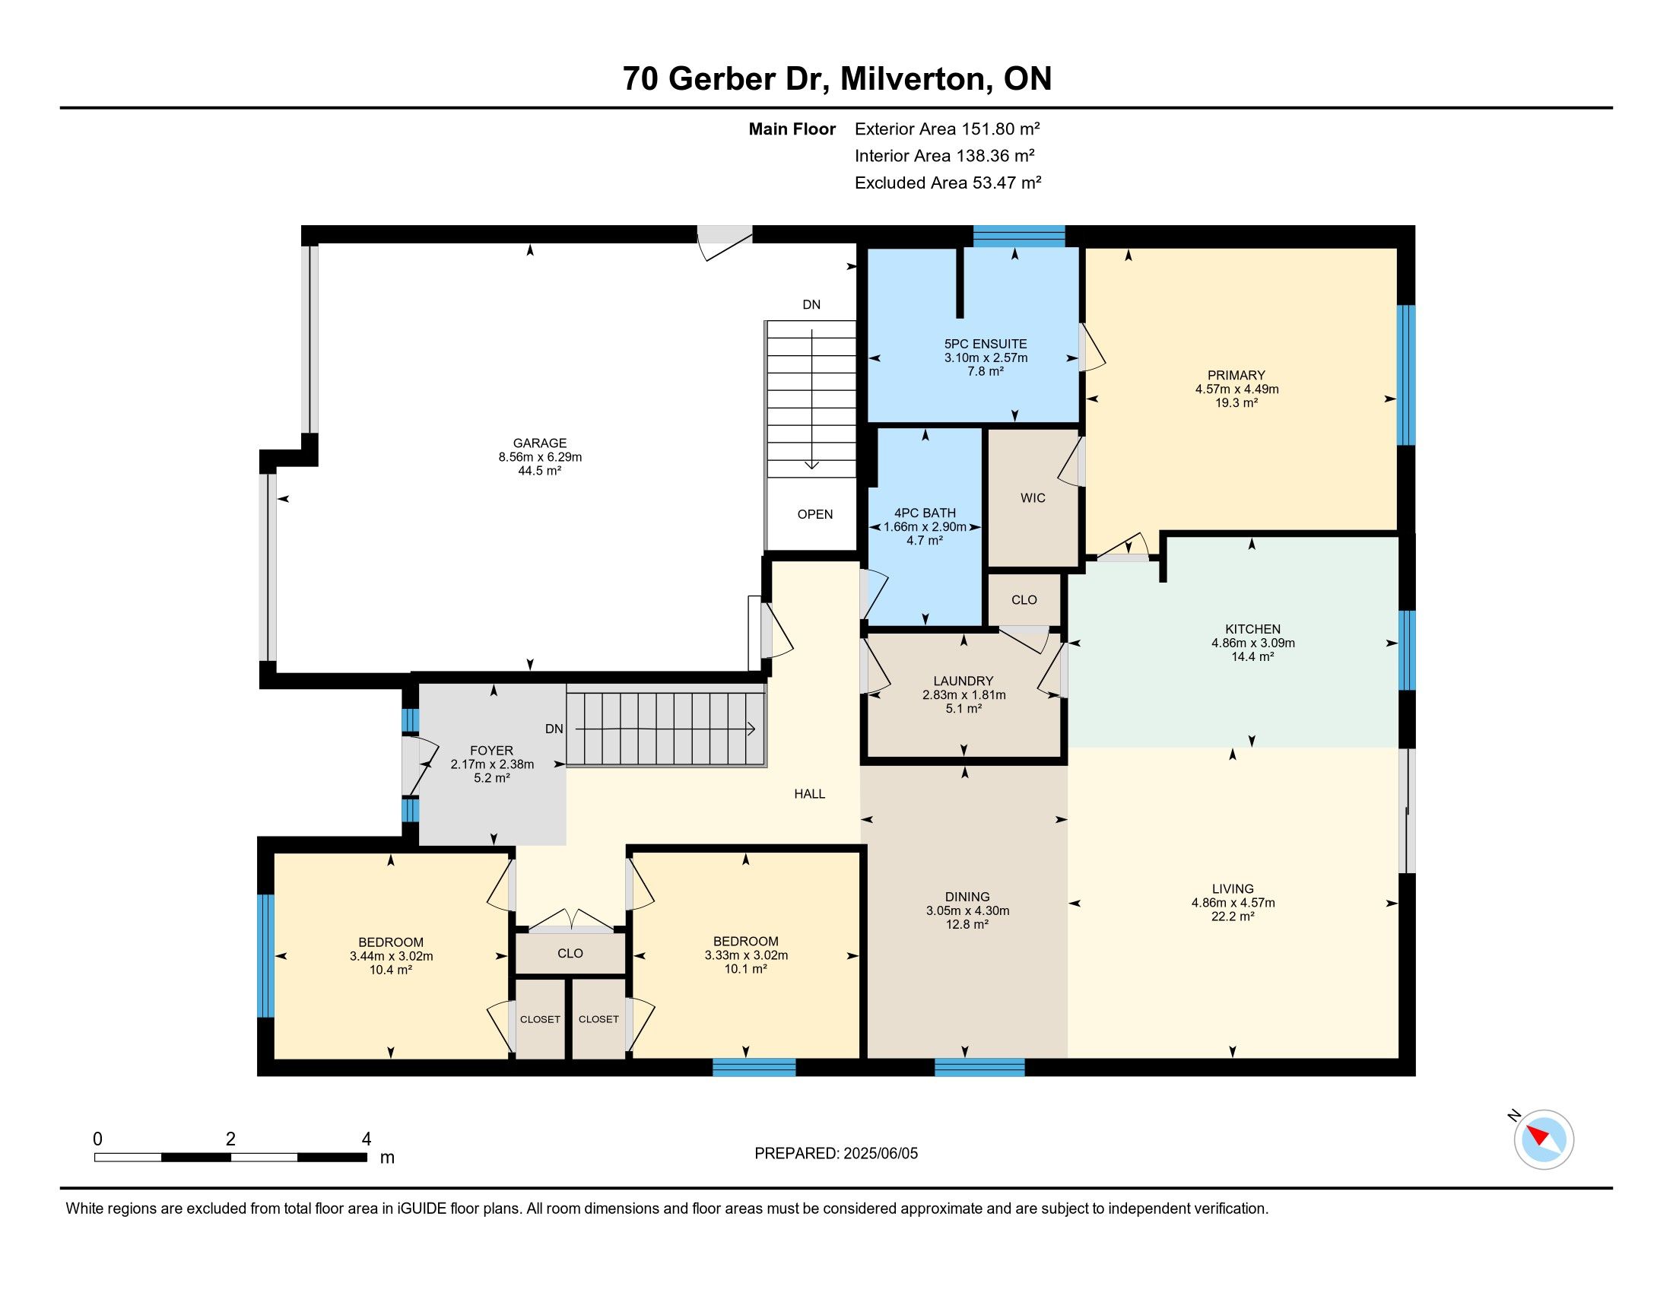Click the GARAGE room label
(540, 443)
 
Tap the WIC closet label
(1033, 498)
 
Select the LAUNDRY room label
(963, 681)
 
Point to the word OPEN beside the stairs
(815, 515)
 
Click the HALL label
(810, 794)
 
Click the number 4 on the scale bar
(367, 1139)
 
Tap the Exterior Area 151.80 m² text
(948, 129)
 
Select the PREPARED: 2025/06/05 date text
(836, 1154)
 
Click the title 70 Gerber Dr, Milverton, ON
(837, 79)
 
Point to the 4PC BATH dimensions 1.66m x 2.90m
(925, 527)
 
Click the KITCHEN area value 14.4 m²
(1252, 656)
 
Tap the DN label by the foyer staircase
(554, 729)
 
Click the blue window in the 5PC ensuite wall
(1019, 236)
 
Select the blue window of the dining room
(979, 1067)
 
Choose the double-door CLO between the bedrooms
(570, 954)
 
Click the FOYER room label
(492, 751)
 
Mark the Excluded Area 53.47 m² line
(948, 183)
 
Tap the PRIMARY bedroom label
(1236, 375)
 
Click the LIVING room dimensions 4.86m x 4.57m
(1233, 903)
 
